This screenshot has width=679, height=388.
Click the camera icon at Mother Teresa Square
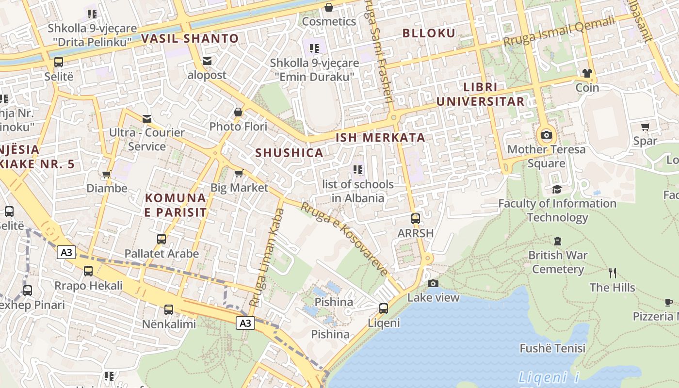point(547,135)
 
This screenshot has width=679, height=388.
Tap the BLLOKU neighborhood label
point(429,33)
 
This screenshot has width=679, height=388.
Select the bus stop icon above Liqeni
point(383,308)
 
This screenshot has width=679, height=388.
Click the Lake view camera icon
point(433,283)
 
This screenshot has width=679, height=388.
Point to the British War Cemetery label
point(558,262)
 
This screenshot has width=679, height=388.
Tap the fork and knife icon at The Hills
point(613,273)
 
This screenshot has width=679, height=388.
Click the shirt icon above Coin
point(587,73)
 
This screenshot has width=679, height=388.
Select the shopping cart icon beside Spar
point(645,127)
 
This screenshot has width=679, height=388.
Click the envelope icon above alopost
point(207,61)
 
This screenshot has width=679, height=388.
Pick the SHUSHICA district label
point(289,153)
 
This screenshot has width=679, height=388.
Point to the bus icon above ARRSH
point(415,218)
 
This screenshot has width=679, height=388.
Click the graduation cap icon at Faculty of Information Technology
point(557,189)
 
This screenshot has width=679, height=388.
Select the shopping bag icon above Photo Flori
point(238,112)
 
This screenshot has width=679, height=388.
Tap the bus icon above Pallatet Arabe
point(162,239)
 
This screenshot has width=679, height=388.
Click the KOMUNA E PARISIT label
point(176,205)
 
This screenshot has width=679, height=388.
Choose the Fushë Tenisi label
point(552,348)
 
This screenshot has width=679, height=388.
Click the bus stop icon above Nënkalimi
point(168,309)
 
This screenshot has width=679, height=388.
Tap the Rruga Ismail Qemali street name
point(559,32)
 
